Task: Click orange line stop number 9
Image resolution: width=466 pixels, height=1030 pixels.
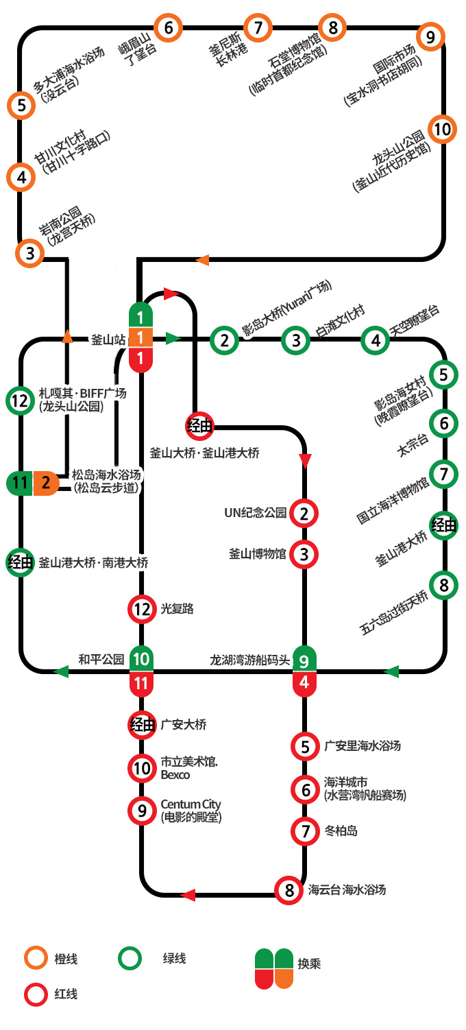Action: click(430, 37)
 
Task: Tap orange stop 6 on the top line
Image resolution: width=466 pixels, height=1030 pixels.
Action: click(168, 27)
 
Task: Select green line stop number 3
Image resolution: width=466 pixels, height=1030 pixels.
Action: click(296, 340)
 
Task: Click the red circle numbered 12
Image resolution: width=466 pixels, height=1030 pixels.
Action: click(142, 609)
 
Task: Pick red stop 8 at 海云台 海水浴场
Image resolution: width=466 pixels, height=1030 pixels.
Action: click(289, 890)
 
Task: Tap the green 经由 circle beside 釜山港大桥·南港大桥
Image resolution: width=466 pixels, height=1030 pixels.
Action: click(20, 562)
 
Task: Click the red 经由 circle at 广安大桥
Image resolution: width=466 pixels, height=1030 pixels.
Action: click(142, 725)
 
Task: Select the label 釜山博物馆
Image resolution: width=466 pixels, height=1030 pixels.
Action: click(258, 553)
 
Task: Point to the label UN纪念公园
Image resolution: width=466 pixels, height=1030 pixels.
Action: click(256, 513)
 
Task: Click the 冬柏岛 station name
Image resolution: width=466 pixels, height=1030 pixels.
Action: click(341, 831)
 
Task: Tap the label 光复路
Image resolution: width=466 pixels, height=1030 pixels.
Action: click(177, 609)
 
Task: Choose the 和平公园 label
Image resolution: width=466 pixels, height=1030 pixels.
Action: click(101, 660)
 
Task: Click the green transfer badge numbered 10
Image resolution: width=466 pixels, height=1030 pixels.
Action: click(141, 658)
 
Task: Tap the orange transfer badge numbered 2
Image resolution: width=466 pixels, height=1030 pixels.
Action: click(46, 483)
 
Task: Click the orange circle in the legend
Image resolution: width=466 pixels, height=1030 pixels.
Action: click(36, 958)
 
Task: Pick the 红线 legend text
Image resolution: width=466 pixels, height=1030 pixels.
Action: click(66, 994)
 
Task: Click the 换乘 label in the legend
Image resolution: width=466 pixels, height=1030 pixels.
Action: click(309, 963)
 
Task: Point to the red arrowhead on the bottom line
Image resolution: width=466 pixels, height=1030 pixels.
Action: click(188, 895)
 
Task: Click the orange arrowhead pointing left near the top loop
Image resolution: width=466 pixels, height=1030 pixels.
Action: click(202, 261)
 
